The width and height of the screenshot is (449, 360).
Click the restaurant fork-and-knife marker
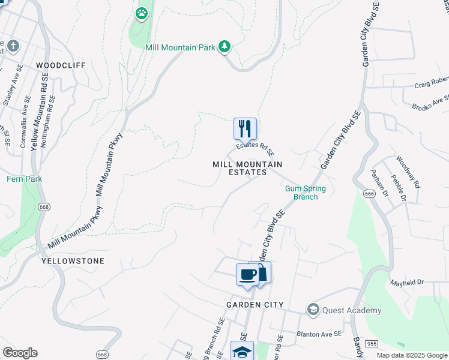(x=245, y=128)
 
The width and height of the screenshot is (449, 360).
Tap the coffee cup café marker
(x=248, y=275)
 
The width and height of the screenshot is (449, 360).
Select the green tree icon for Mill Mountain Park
(x=224, y=46)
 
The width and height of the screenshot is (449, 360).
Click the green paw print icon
(x=142, y=13)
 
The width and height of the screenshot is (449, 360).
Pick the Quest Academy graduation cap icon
(x=313, y=310)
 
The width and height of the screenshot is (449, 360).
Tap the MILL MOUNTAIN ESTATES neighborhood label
(x=247, y=168)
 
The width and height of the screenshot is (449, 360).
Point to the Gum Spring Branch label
(x=305, y=193)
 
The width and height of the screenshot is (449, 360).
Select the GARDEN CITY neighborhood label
(x=255, y=305)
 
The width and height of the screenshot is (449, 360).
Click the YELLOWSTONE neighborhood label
(x=73, y=261)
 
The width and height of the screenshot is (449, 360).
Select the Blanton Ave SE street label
(x=319, y=333)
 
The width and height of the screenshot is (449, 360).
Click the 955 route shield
(x=370, y=344)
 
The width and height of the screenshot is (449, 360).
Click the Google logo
(x=20, y=353)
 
